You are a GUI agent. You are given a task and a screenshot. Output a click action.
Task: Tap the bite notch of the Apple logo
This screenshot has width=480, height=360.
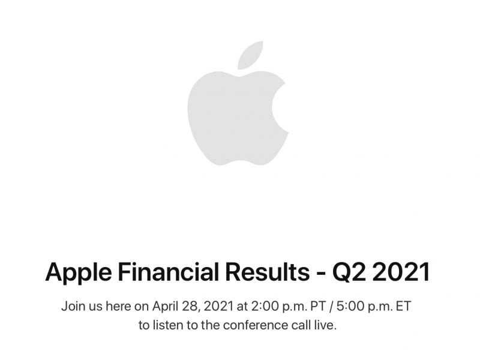(281, 108)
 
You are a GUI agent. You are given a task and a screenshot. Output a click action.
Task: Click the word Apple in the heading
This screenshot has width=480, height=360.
(75, 272)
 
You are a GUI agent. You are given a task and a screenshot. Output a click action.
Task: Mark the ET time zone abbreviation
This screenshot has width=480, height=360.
(406, 307)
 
